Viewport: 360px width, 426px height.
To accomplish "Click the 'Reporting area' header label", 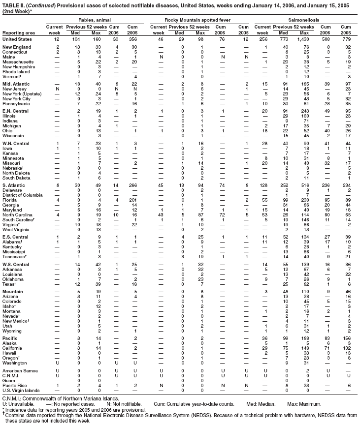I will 16,32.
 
